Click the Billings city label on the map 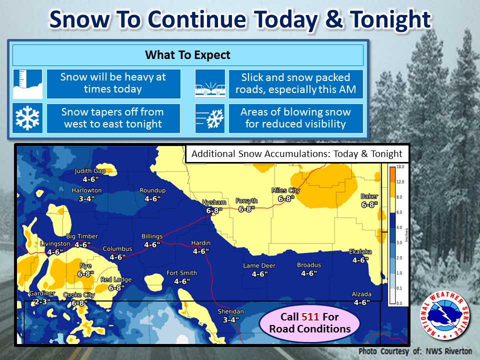[x=152, y=236]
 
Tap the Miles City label [x=286, y=190]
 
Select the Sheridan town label [x=231, y=311]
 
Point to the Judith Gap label [x=90, y=171]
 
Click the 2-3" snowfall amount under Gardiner [x=42, y=302]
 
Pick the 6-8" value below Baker [x=369, y=204]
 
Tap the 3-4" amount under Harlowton [x=86, y=199]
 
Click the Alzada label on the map [x=361, y=294]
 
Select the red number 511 [x=310, y=317]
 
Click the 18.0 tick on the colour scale [x=400, y=167]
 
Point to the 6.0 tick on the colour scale [x=399, y=212]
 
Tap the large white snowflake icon [x=27, y=118]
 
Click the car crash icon [x=210, y=84]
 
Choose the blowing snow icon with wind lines [x=210, y=118]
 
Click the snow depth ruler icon [x=27, y=84]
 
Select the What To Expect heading [x=187, y=55]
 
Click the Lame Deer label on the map [x=259, y=265]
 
